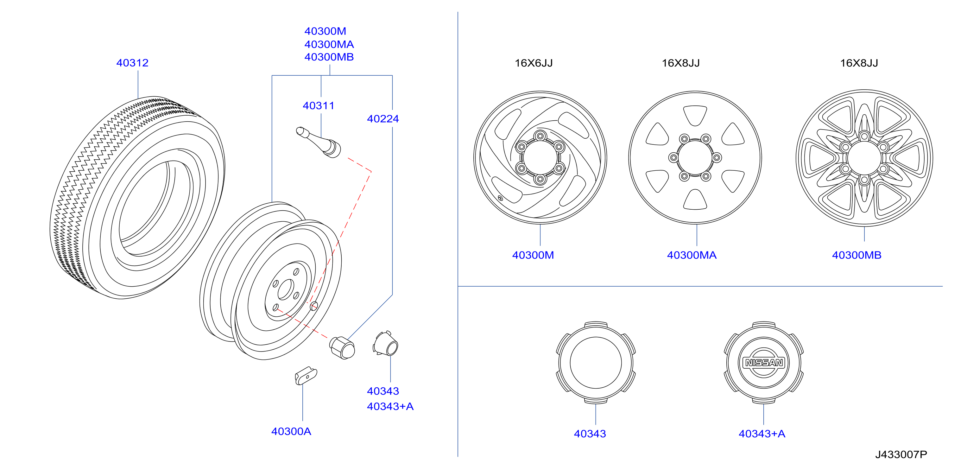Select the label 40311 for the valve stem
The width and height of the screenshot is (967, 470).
(318, 106)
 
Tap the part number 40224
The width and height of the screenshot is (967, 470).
(383, 119)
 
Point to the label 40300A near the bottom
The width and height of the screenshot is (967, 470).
(291, 432)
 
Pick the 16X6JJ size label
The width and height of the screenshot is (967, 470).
(534, 63)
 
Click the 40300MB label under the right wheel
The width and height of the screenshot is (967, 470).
(856, 255)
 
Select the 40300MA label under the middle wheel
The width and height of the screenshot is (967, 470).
(692, 255)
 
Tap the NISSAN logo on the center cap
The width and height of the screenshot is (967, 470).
(764, 363)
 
